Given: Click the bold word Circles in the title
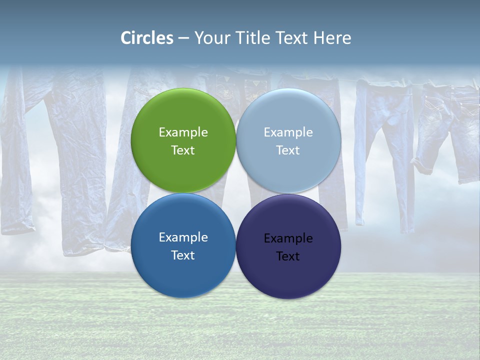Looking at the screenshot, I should tap(147, 38).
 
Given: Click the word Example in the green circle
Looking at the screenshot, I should tap(183, 132).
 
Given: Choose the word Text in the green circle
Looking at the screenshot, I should tap(183, 150).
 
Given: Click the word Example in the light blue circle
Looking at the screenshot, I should tap(288, 132).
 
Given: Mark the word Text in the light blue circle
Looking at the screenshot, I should tap(288, 150).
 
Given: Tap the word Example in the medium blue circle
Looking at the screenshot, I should tap(183, 237).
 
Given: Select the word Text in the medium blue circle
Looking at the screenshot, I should tap(183, 255).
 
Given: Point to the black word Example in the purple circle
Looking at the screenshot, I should tap(288, 238).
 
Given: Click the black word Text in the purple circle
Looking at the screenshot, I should tap(288, 256).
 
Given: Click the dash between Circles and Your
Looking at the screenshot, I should tap(183, 38).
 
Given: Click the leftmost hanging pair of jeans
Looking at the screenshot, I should tap(20, 150).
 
